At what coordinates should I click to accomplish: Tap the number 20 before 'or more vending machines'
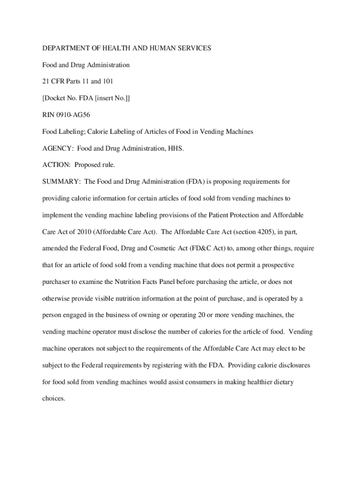[202, 315]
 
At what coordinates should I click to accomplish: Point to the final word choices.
[54, 399]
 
